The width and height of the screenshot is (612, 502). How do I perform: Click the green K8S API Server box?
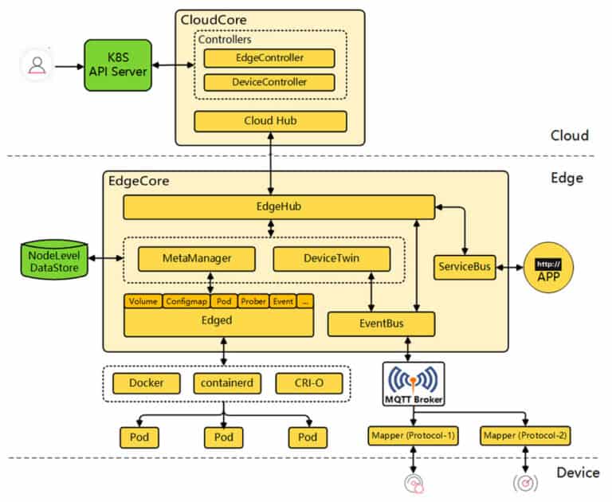pos(117,65)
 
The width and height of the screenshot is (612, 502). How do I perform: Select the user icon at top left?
pos(37,65)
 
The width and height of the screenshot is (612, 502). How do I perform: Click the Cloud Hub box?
pos(270,121)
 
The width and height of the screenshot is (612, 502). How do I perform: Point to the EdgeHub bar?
pos(278,207)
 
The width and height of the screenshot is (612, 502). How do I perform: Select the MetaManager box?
pos(196,259)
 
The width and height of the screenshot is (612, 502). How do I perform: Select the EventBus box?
pos(382,324)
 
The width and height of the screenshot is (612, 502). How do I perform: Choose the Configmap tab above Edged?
pos(186,301)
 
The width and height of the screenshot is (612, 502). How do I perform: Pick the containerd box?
pos(223,383)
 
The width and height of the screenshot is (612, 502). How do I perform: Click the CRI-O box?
pos(308,383)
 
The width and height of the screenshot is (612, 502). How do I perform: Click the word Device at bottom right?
pos(577,473)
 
